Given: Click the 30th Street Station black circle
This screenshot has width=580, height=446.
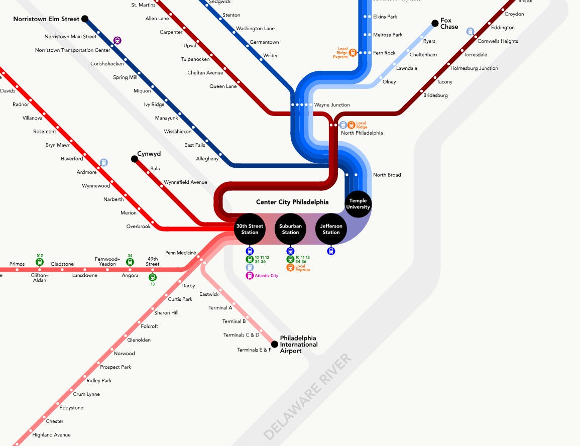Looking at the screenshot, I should (x=250, y=229).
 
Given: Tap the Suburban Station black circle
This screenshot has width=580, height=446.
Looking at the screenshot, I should (x=290, y=229).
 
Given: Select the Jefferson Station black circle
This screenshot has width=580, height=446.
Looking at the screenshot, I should (x=331, y=229).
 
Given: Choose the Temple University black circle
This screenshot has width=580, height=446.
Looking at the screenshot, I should (x=359, y=204).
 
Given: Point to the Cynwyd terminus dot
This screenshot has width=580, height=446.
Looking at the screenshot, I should (x=135, y=159).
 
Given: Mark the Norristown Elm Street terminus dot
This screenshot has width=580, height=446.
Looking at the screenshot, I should (x=85, y=19).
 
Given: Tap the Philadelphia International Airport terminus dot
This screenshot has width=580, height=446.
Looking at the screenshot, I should (x=274, y=344).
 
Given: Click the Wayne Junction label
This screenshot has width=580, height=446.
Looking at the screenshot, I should (x=332, y=105).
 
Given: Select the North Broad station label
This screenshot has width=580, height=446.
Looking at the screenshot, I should (x=387, y=175).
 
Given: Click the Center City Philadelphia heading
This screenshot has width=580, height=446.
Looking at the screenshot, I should (x=292, y=202).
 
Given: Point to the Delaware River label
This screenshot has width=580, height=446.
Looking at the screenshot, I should (x=307, y=397).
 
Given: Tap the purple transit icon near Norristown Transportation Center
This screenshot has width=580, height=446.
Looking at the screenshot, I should (x=118, y=41).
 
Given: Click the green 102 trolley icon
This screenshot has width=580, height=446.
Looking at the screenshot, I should (x=40, y=262).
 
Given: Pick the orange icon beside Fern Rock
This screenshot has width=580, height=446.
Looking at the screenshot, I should (x=353, y=52).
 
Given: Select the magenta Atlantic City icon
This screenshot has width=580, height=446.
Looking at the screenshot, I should (x=250, y=275).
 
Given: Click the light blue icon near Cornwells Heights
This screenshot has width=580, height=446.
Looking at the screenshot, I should (x=471, y=31).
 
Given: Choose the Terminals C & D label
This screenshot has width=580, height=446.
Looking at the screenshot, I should (x=242, y=335).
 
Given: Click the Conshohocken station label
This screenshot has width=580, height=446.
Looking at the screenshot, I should (x=107, y=64).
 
